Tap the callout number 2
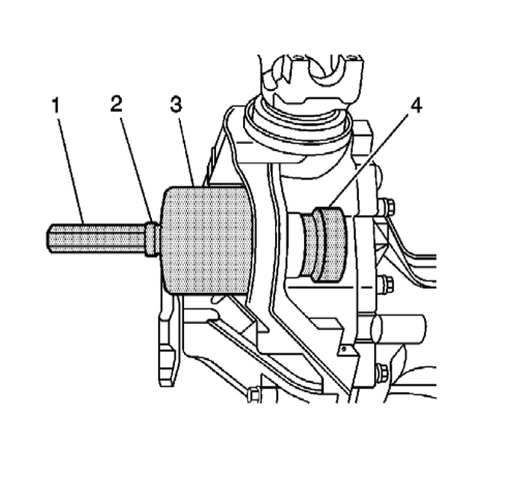[x=116, y=105]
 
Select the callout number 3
[x=176, y=105]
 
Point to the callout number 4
[x=416, y=106]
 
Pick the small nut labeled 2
[x=151, y=238]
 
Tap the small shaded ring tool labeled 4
[x=323, y=244]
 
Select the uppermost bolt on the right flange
[x=388, y=207]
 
